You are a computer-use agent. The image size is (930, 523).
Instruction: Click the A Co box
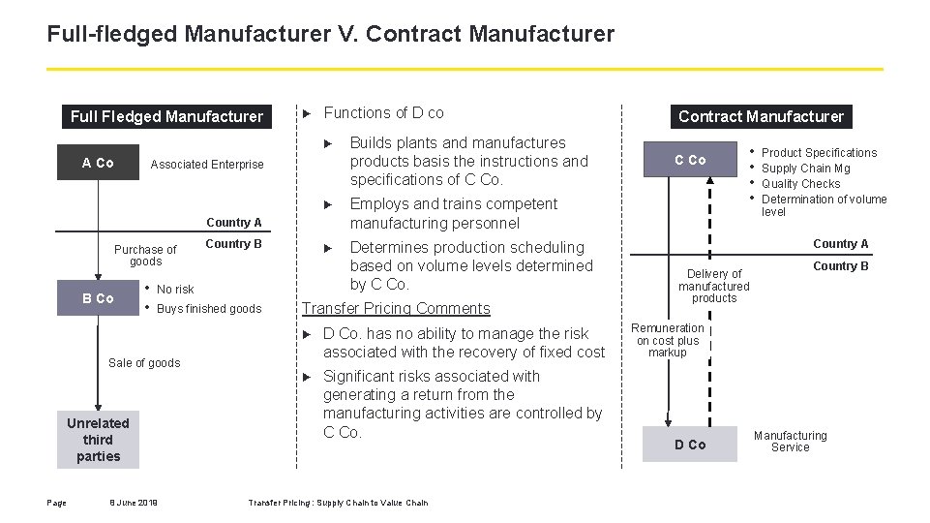[98, 163]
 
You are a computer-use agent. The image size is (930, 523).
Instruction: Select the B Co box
[98, 298]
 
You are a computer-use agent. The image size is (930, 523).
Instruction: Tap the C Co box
[690, 160]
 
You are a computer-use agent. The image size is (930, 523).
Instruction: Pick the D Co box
[690, 445]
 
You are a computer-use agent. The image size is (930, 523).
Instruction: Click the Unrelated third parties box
[98, 440]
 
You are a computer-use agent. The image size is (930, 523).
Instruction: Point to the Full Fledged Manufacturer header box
[166, 116]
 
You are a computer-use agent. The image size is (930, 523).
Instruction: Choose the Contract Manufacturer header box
[761, 116]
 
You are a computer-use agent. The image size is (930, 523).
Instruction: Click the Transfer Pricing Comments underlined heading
[396, 308]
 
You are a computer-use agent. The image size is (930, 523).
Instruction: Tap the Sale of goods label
[144, 363]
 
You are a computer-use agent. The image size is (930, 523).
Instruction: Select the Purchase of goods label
[146, 256]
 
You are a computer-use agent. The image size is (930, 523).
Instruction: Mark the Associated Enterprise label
[207, 165]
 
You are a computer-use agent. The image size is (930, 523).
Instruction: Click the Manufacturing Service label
[790, 442]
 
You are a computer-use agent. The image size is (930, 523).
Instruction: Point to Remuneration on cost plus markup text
[668, 340]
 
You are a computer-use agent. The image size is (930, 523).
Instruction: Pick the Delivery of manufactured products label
[714, 286]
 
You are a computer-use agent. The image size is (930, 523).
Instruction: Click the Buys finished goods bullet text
[209, 309]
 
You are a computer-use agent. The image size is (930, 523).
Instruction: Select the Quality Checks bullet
[801, 184]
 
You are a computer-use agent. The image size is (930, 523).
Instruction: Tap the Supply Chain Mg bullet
[806, 169]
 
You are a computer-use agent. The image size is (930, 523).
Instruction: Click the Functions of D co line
[383, 113]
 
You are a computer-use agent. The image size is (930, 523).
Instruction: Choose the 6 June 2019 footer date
[134, 502]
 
